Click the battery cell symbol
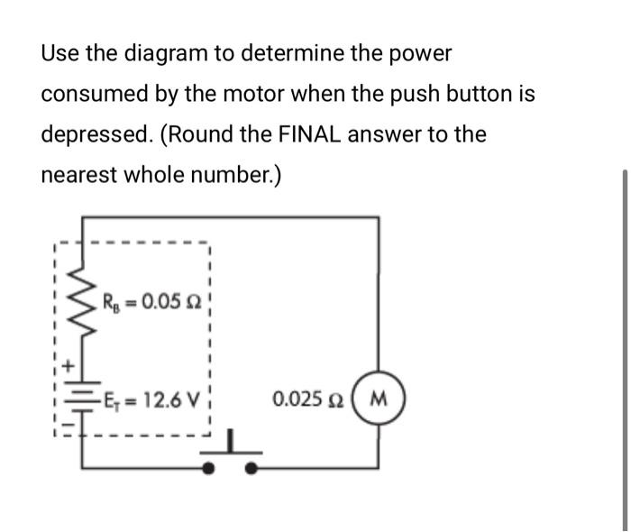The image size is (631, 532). point(83,402)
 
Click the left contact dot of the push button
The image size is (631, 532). point(208,468)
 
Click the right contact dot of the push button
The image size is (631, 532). point(253,468)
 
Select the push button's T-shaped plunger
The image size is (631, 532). point(231,445)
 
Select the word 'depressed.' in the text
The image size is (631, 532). point(92,134)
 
